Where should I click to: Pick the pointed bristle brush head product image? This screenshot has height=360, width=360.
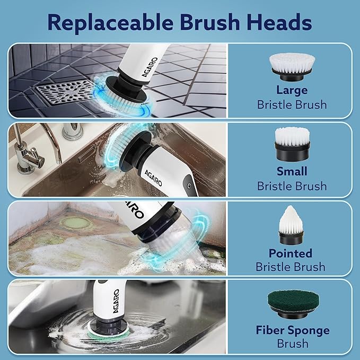tap(292, 224)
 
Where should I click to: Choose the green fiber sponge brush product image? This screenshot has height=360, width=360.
tap(292, 304)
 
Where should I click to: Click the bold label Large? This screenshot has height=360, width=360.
tap(292, 90)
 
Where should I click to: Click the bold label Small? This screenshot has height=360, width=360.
tap(292, 171)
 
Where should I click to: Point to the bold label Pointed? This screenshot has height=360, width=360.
tap(291, 253)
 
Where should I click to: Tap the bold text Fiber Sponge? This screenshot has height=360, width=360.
tap(292, 330)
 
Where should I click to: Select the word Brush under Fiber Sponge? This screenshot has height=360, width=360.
tap(292, 344)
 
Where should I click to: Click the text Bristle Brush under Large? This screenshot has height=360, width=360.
tap(292, 104)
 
